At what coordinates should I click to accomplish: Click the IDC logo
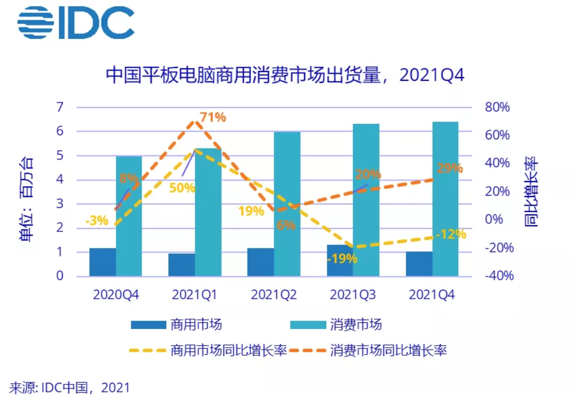(75, 22)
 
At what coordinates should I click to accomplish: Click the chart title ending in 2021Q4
(286, 75)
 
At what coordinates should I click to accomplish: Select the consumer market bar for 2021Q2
(287, 204)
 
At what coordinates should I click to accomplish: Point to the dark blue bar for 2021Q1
(182, 264)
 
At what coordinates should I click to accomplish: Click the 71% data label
(213, 117)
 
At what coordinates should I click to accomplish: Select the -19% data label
(342, 258)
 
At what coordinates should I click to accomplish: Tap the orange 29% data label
(449, 168)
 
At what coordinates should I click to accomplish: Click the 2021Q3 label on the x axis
(353, 295)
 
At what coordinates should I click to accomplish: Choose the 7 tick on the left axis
(59, 107)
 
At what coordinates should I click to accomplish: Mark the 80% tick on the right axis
(498, 107)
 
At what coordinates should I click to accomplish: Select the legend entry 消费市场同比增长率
(368, 350)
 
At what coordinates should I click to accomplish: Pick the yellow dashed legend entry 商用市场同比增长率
(209, 350)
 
